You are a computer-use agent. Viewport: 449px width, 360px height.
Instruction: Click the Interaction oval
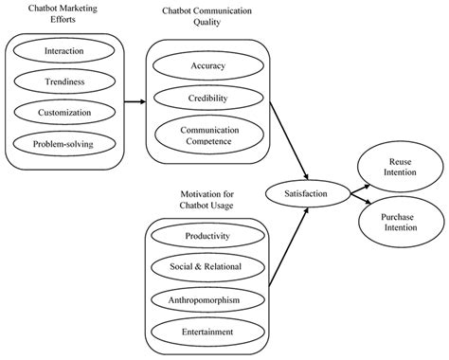[63, 50]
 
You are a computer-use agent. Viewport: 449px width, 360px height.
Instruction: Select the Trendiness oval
[63, 81]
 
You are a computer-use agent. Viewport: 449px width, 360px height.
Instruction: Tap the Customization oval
[63, 112]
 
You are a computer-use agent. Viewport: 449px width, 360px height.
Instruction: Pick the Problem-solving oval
[63, 143]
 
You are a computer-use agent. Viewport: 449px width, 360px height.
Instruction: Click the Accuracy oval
[206, 67]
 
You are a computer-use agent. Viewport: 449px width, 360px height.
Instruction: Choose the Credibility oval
[206, 98]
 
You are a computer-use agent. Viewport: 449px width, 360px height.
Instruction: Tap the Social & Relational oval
[206, 267]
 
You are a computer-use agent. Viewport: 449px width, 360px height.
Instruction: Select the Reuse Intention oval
[396, 168]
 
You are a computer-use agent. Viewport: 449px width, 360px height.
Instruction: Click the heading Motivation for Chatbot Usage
[206, 199]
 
